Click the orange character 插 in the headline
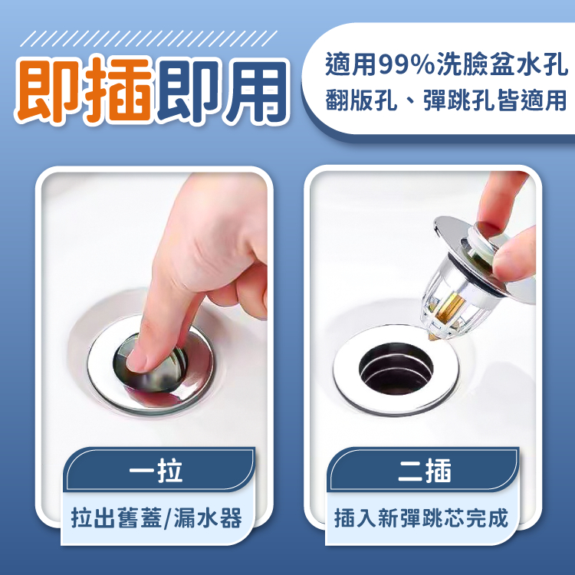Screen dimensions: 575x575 [119, 90]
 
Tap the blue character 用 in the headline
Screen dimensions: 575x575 [256, 92]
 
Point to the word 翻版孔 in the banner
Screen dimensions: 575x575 [361, 100]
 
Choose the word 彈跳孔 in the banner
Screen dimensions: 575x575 [460, 100]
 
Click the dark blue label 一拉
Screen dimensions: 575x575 [156, 471]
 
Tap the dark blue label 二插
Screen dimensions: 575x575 [424, 471]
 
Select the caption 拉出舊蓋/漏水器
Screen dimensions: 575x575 [156, 518]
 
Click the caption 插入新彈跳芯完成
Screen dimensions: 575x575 [421, 518]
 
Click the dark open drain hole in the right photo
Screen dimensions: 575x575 [396, 369]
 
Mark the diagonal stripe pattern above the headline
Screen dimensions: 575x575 [149, 38]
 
